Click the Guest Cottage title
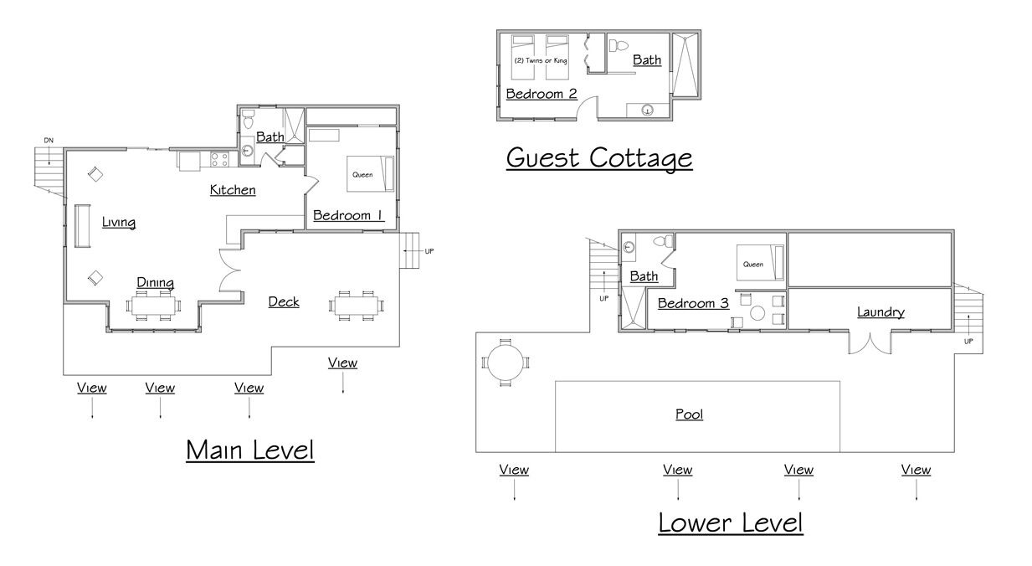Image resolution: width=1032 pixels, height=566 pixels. click(x=599, y=158)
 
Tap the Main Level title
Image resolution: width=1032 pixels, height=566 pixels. click(x=250, y=450)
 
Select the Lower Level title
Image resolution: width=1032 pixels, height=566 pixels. click(x=731, y=522)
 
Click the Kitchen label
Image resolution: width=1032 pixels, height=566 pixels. click(x=233, y=190)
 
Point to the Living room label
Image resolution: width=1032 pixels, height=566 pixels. click(x=119, y=222)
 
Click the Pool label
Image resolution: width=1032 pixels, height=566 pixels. click(x=689, y=414)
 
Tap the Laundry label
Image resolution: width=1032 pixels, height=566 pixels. click(x=881, y=312)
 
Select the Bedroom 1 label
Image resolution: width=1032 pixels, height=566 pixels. click(x=348, y=215)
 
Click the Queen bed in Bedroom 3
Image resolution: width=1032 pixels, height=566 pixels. click(x=760, y=262)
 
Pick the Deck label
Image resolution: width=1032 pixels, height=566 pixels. click(x=284, y=302)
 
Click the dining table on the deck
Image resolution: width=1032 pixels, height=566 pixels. click(x=356, y=305)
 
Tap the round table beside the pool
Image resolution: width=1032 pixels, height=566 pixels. click(x=506, y=363)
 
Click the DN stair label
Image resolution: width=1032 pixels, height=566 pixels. click(x=49, y=140)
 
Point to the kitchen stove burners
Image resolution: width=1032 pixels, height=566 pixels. click(x=219, y=159)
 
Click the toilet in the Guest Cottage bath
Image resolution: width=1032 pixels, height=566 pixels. click(x=619, y=45)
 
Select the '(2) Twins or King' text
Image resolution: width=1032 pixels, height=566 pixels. click(x=541, y=60)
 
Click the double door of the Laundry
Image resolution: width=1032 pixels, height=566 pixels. click(x=870, y=343)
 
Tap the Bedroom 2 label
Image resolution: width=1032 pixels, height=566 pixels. click(x=542, y=94)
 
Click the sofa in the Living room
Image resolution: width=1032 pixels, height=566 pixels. click(x=83, y=226)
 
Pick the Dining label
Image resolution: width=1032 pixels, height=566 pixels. click(x=156, y=282)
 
